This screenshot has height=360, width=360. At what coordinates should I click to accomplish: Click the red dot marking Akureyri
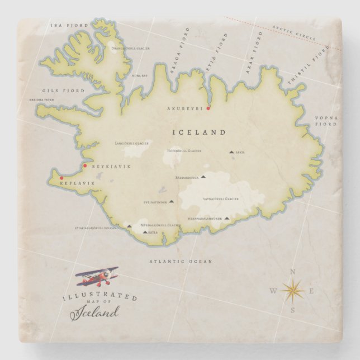208,108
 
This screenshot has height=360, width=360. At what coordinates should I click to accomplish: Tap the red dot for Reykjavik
85,165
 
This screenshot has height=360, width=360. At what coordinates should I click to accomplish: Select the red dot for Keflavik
54,178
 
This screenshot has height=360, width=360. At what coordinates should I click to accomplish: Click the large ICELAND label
200,132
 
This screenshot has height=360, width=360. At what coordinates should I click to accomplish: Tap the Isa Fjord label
63,25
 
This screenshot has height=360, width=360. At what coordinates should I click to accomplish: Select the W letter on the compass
273,291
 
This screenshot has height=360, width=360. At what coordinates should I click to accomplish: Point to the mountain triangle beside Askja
231,151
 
